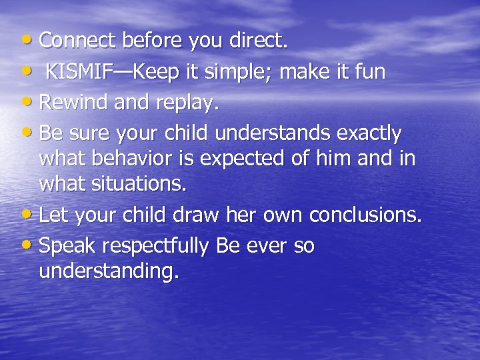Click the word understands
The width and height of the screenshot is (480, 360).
click(x=273, y=134)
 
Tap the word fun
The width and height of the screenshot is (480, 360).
click(x=370, y=72)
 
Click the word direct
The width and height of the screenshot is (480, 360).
click(x=257, y=41)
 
